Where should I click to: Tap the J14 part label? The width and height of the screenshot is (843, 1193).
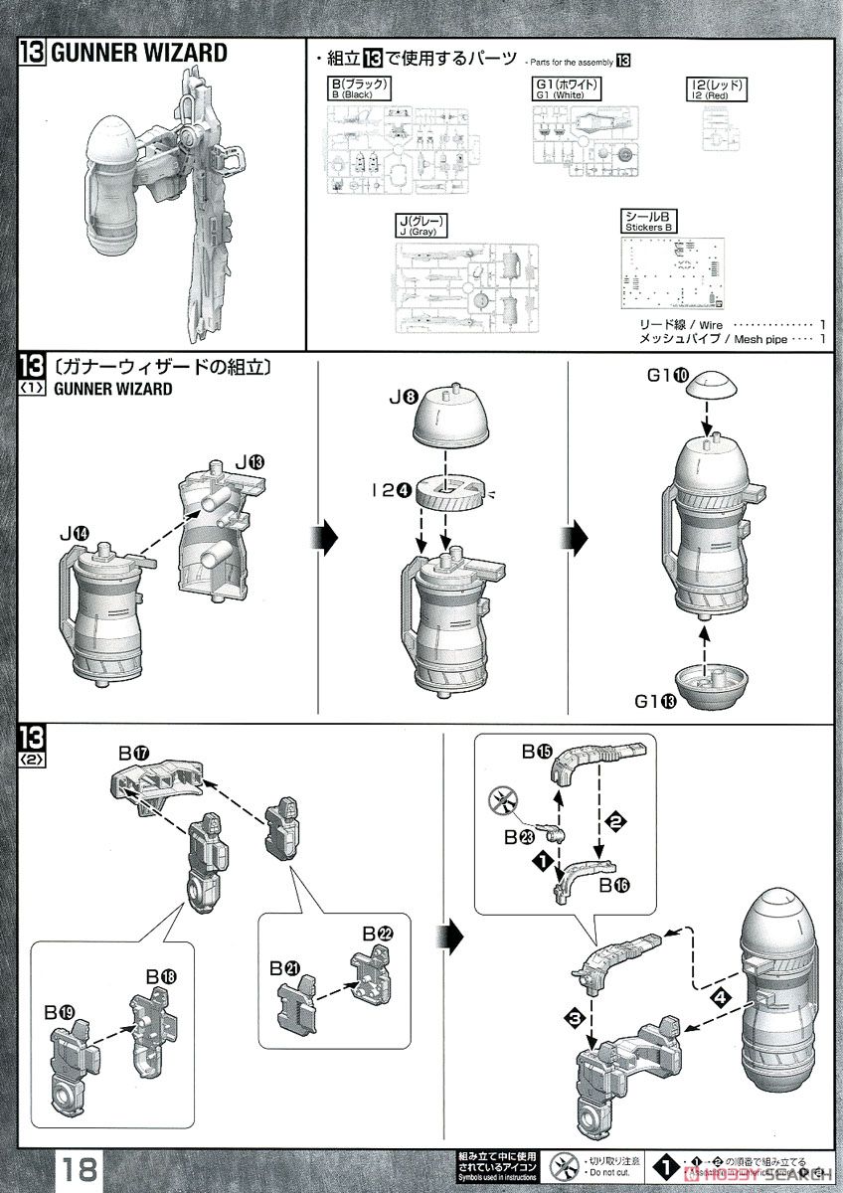pos(76,535)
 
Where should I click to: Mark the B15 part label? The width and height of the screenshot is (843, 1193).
pos(538,753)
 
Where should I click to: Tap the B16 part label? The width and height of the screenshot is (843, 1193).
pos(613,884)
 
